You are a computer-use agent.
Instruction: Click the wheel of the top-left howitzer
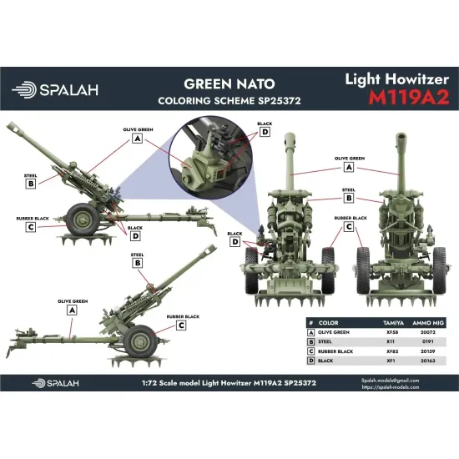tap(84, 220)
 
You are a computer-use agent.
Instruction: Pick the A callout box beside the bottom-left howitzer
tap(71, 309)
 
